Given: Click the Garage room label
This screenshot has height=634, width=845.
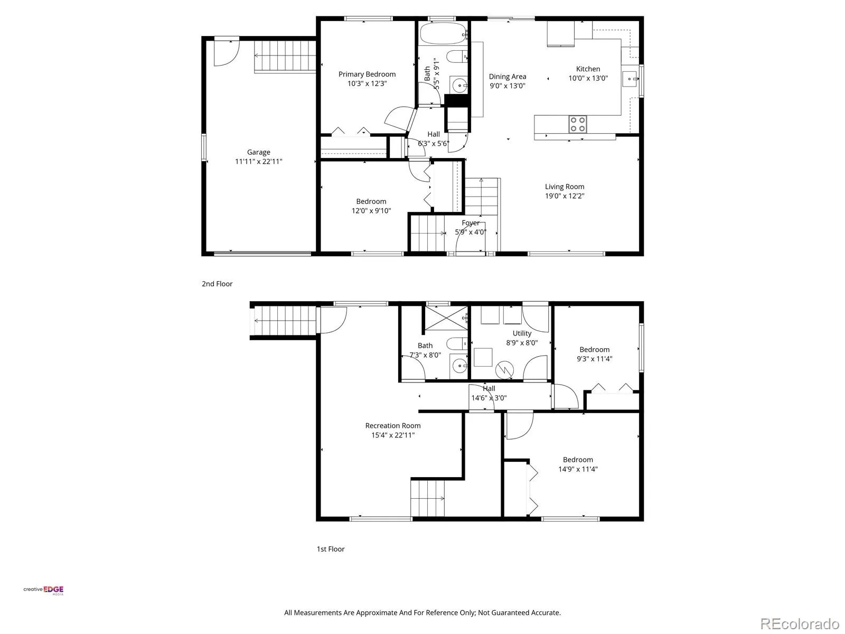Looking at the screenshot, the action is (x=258, y=153).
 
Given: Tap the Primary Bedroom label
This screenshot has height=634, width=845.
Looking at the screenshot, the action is (x=367, y=74).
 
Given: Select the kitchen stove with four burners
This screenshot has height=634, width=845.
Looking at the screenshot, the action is (x=577, y=124).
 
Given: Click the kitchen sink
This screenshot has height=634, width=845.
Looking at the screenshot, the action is (x=630, y=79).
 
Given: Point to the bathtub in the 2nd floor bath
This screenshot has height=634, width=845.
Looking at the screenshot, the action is (x=443, y=34).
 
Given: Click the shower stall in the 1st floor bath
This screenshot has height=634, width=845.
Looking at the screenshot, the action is (x=446, y=318).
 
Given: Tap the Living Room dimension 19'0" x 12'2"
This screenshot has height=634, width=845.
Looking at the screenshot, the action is (x=565, y=196).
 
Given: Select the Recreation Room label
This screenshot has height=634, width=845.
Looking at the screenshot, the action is (x=393, y=425).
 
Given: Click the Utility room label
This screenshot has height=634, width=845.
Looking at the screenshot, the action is (x=522, y=333).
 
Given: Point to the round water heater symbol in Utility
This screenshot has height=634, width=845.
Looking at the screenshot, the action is (x=504, y=370).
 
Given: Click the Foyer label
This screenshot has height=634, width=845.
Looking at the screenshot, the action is (x=471, y=223).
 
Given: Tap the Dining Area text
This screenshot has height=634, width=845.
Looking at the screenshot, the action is (x=508, y=77).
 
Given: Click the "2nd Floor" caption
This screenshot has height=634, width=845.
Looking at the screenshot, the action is (x=217, y=284).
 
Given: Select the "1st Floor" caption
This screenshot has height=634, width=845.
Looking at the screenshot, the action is (x=330, y=549).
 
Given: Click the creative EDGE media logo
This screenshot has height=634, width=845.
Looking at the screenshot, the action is (x=43, y=590).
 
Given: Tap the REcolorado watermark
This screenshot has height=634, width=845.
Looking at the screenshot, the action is (x=799, y=623).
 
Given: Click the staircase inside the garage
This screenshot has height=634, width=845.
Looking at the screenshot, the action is (x=285, y=56).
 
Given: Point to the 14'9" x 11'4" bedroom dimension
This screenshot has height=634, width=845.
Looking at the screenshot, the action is (x=578, y=469).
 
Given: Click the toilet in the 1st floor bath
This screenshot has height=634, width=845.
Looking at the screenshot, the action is (x=458, y=343).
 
